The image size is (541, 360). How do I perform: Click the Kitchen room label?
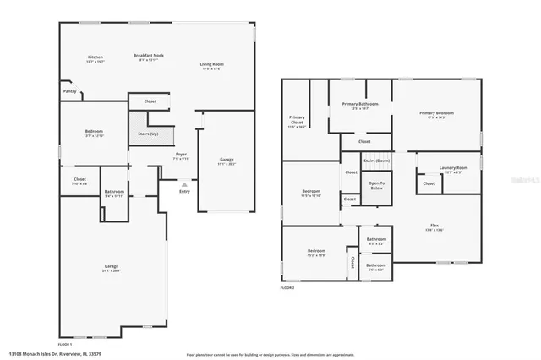(94, 58)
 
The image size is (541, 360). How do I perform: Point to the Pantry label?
(69, 91)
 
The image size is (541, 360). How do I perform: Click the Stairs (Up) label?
(148, 134)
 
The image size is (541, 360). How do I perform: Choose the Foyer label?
(181, 155)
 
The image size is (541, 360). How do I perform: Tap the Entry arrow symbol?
(184, 183)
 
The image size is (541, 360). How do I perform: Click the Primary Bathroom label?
(360, 104)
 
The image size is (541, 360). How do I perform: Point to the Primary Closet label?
(297, 119)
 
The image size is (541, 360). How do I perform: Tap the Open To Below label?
(376, 185)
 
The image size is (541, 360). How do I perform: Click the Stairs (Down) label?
(376, 160)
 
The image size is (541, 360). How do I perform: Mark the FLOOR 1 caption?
(65, 345)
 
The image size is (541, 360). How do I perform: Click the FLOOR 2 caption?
(288, 288)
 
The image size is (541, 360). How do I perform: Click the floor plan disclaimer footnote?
(270, 355)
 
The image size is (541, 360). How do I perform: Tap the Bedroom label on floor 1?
(94, 132)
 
